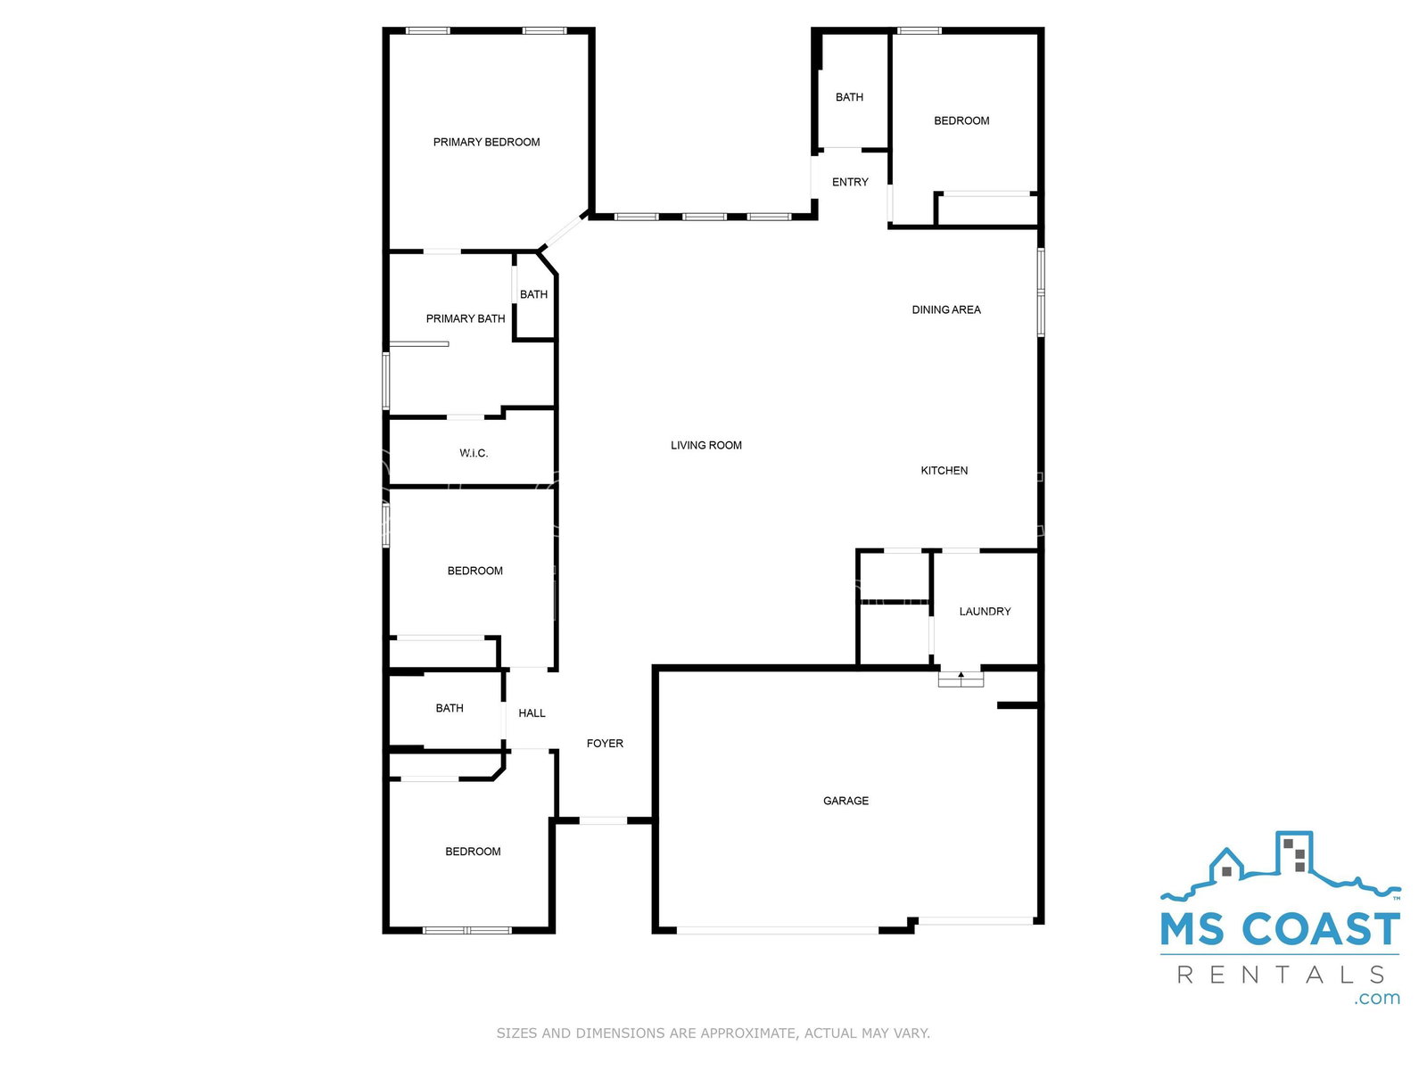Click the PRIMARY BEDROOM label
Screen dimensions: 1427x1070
[486, 142]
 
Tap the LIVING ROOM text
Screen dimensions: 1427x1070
[706, 445]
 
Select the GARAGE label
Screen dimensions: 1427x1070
[845, 801]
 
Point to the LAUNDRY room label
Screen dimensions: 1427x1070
[985, 612]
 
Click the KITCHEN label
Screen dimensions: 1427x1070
[944, 471]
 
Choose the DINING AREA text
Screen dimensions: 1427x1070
[946, 310]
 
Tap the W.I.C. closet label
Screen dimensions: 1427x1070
[474, 453]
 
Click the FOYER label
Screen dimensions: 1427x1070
[605, 744]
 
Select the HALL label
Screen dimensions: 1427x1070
[532, 712]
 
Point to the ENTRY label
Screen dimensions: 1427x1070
[850, 182]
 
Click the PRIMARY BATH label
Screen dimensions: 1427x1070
[466, 318]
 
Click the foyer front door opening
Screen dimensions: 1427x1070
[603, 820]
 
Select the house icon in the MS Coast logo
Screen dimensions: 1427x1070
[1226, 865]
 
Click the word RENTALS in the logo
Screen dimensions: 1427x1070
[1281, 975]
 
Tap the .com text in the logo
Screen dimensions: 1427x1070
[1377, 998]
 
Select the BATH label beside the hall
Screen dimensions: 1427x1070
[450, 708]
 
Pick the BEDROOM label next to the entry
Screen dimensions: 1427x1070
[961, 121]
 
